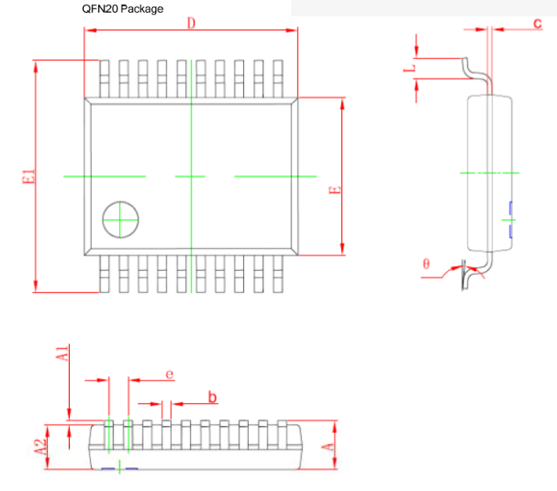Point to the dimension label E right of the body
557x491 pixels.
click(x=333, y=191)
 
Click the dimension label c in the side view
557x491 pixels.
click(x=537, y=24)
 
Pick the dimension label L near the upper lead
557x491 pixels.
click(x=408, y=69)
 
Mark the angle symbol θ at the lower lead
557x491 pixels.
click(x=426, y=264)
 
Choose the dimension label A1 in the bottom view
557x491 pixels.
click(x=64, y=352)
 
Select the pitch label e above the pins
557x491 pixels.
click(x=169, y=374)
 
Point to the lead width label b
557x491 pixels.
click(x=212, y=397)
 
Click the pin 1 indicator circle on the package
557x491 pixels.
click(x=119, y=218)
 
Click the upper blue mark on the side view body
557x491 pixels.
click(x=510, y=209)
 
